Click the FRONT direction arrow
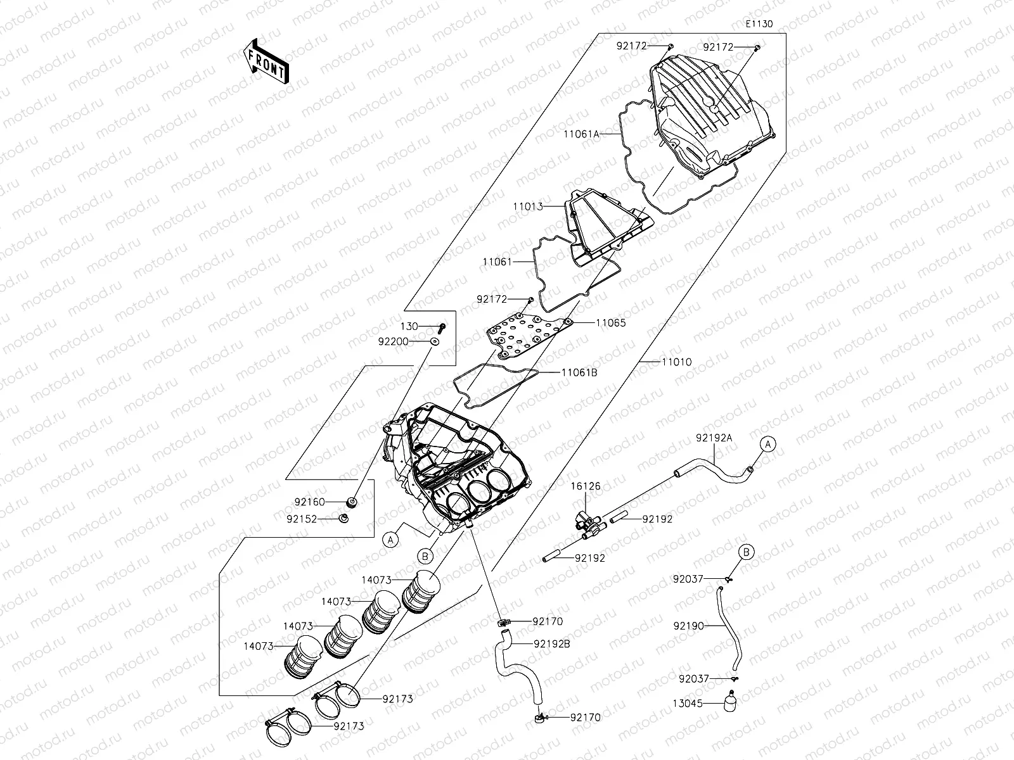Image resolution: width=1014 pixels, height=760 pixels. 266,61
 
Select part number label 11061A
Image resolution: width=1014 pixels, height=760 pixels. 581,134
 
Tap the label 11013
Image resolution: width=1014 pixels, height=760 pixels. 529,206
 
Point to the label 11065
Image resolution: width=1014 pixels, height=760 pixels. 610,322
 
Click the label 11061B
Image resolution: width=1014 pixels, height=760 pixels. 579,372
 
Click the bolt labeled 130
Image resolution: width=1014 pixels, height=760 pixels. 442,327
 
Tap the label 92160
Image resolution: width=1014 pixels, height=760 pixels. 309,502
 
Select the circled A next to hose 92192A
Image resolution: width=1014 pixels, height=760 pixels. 767,445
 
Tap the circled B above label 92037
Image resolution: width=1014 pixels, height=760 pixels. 747,552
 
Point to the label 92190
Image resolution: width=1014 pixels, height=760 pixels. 688,626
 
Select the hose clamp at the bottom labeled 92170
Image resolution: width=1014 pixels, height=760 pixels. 539,718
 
